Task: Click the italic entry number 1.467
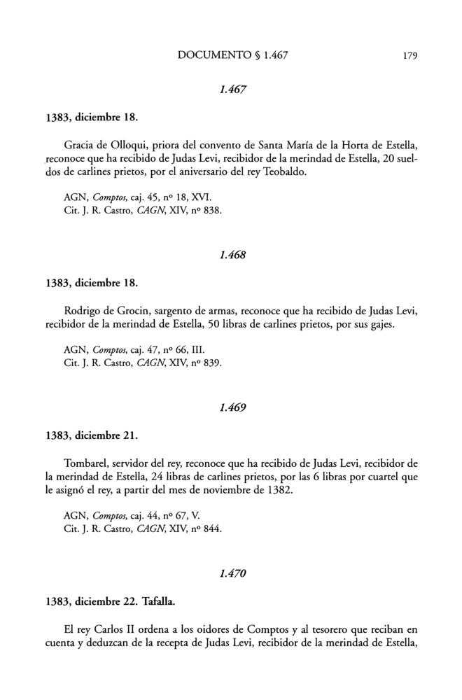click(x=232, y=90)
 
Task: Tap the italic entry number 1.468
click(x=232, y=255)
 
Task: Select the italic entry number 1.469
click(x=232, y=407)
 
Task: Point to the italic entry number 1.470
click(x=232, y=573)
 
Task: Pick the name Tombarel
click(x=87, y=463)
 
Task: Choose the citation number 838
click(x=212, y=211)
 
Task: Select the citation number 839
click(x=212, y=363)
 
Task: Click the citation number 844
click(x=212, y=528)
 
